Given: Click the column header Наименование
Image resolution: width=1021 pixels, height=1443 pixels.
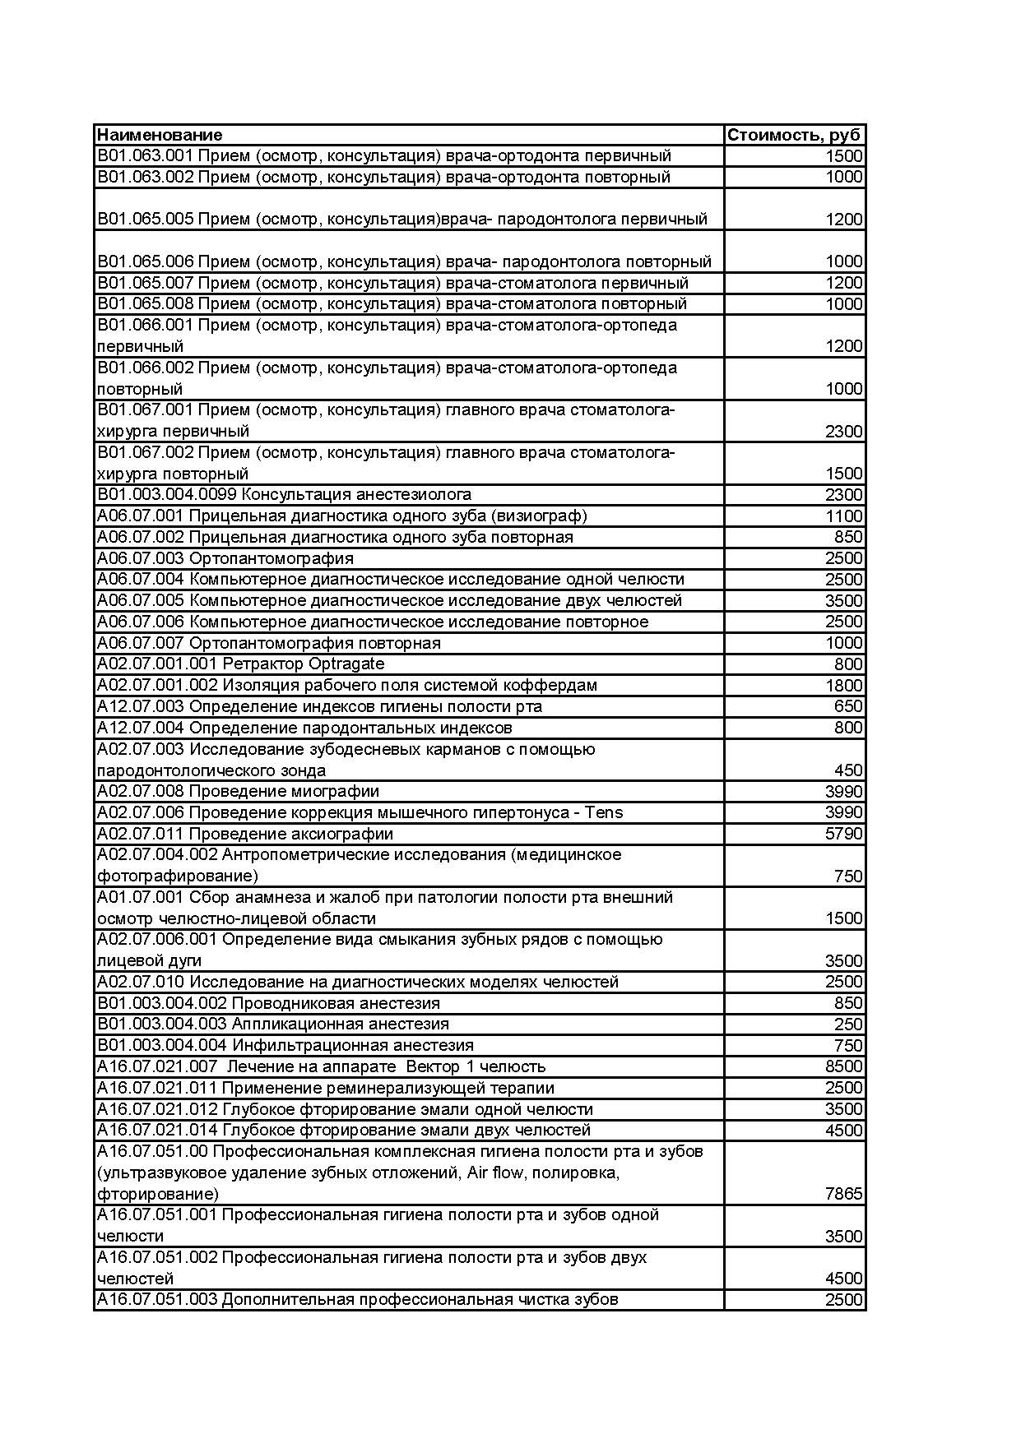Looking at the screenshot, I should pos(160,135).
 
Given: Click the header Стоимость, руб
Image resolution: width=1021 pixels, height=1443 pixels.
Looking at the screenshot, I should pos(794,135).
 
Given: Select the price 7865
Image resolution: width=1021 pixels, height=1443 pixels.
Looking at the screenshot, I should pos(843,1193).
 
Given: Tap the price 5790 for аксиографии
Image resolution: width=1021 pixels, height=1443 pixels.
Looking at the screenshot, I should pos(843,834).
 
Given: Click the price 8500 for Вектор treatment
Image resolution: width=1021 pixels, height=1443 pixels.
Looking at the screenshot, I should pos(843,1066).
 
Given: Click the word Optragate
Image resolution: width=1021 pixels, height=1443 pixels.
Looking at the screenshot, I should pos(346,664).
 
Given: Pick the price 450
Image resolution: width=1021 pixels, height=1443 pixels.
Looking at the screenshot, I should pos(848,770).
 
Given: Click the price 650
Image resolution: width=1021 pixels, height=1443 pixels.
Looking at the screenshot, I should pos(848,706).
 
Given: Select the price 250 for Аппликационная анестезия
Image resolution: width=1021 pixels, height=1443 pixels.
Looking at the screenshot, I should pos(848,1024).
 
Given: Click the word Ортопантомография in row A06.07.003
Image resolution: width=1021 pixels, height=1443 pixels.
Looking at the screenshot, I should pos(271,558).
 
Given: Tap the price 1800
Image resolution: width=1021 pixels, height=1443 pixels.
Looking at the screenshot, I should pos(843,686).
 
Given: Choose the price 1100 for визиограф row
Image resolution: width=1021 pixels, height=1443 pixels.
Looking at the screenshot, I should pos(843,516).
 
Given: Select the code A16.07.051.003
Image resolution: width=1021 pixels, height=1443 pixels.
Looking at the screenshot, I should pos(157,1299).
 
